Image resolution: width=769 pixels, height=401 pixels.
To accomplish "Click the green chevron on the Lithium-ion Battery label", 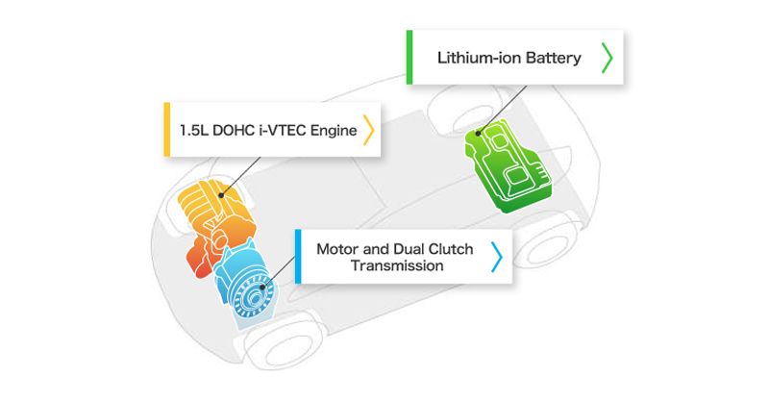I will (x=607, y=58).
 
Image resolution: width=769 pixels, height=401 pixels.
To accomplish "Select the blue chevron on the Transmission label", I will (x=496, y=257).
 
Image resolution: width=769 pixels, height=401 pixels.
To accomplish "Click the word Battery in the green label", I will (x=552, y=59).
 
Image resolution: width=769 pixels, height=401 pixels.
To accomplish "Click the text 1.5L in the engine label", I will (x=195, y=129).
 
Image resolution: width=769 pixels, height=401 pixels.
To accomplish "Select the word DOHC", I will (x=236, y=129).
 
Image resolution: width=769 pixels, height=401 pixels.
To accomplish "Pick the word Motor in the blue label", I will (x=338, y=249).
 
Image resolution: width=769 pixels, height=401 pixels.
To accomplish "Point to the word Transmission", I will (x=397, y=266).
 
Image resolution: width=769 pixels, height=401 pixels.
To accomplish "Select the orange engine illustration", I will (x=216, y=226).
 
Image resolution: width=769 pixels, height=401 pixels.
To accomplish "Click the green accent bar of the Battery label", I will (x=409, y=58).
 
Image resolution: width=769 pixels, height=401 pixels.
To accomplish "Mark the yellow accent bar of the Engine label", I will (x=167, y=129).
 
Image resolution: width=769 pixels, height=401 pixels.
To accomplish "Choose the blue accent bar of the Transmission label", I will (x=299, y=257).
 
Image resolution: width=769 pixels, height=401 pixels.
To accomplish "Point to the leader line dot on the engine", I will (x=221, y=195).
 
